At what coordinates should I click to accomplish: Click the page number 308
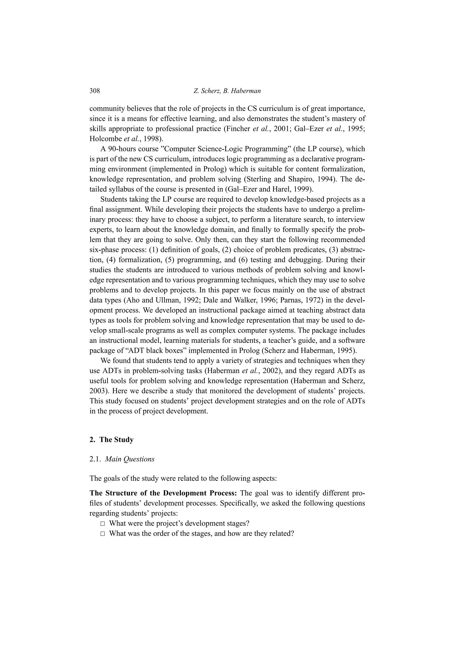tap(94, 91)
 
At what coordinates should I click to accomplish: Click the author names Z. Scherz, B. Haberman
tap(227, 91)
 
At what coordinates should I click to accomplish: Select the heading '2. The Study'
tap(111, 440)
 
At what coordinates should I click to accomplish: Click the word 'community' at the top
tap(107, 108)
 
